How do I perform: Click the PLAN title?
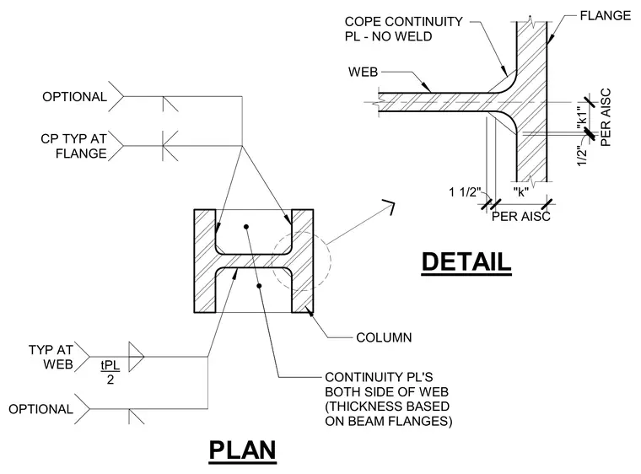242,450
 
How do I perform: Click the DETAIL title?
466,261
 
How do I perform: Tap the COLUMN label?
384,337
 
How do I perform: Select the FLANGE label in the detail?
605,15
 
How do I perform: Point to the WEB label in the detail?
363,72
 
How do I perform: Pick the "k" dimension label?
521,191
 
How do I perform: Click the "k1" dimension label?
582,118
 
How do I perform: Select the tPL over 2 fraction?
110,372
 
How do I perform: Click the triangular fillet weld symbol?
136,357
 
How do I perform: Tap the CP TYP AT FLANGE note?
73,146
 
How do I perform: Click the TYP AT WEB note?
51,357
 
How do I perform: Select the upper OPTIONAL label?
74,97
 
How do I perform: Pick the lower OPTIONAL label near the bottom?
40,409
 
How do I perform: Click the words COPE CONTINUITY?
403,22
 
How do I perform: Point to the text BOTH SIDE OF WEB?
387,392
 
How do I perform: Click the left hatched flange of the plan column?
205,261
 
